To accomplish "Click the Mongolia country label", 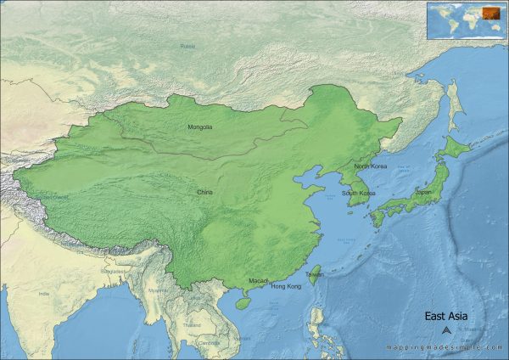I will tap(199, 127).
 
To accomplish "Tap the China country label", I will tap(204, 193).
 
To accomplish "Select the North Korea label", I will tap(370, 166).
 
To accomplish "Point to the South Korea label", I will tap(359, 194).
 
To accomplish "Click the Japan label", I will tap(423, 193).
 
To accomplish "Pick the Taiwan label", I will tap(314, 275).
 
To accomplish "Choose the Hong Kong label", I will tap(285, 287).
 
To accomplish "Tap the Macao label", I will tap(259, 280).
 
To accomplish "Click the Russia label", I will tap(187, 46).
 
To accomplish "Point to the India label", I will tap(44, 294).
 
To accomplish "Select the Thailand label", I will tap(192, 325).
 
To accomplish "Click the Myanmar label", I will tap(159, 290).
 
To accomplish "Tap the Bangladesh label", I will tap(112, 272).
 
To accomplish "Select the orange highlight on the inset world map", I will tap(489, 12).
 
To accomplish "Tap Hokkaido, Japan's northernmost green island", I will tap(457, 147).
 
